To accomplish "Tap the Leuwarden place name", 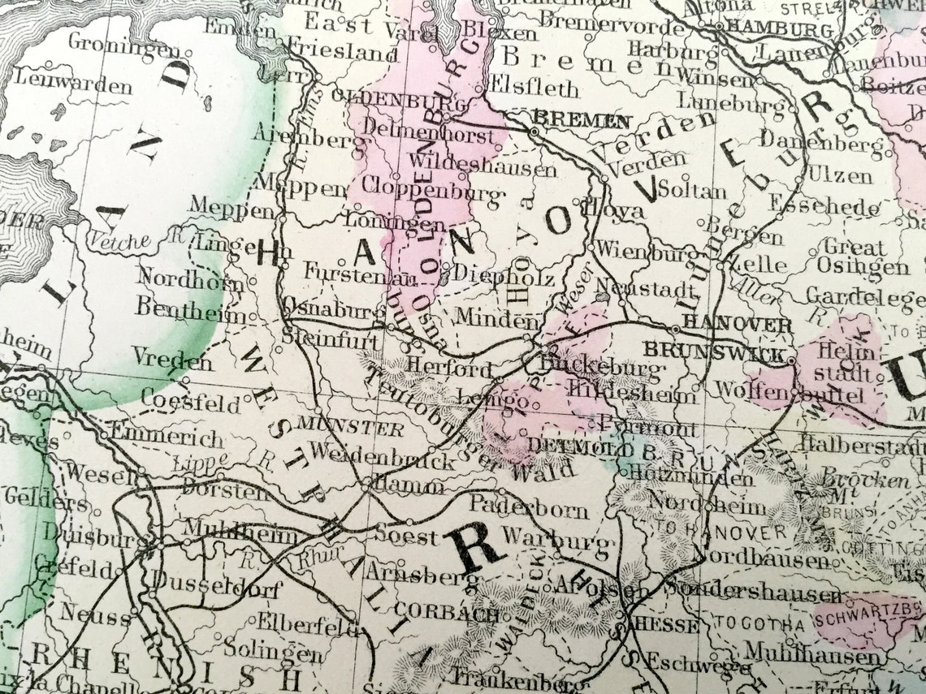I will click(x=73, y=82).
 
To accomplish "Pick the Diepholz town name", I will click(x=503, y=276).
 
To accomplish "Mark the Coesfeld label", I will click(x=190, y=401).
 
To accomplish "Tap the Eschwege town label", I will click(x=687, y=664).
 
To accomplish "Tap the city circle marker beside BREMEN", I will click(x=534, y=131).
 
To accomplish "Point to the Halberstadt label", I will click(x=861, y=444).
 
